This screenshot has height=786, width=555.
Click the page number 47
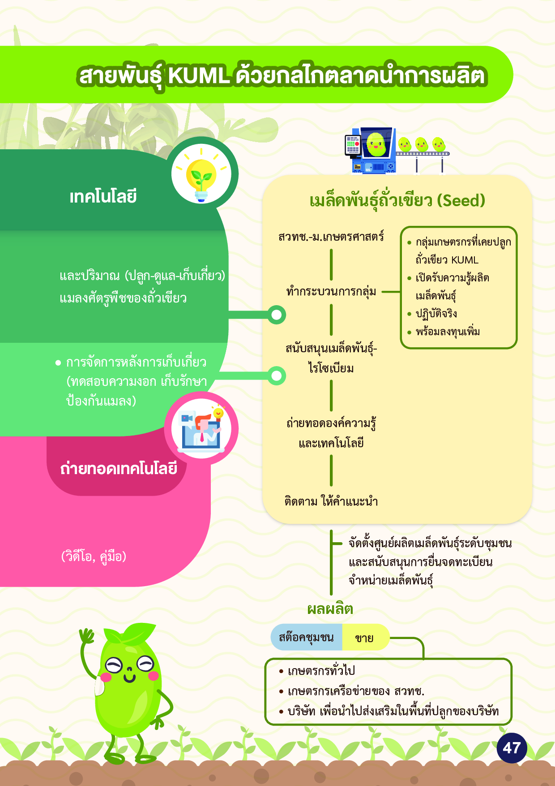(512, 748)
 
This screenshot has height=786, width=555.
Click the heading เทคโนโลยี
(103, 197)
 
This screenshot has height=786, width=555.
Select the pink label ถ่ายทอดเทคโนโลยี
(119, 469)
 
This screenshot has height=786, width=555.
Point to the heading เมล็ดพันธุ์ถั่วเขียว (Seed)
(397, 200)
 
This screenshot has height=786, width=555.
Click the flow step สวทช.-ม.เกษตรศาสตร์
(331, 236)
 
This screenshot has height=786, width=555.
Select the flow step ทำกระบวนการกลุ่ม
(331, 292)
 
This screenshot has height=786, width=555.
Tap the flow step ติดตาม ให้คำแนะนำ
(331, 501)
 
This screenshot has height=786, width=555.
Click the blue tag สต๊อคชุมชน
(306, 637)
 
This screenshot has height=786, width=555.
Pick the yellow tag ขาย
(364, 638)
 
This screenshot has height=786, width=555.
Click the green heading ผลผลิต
(330, 609)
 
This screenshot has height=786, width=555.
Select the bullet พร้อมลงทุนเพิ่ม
(448, 332)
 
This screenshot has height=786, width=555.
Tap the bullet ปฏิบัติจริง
(436, 314)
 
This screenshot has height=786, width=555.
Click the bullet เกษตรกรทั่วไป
(321, 671)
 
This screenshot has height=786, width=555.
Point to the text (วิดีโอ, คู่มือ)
(94, 557)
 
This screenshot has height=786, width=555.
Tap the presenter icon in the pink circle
(201, 428)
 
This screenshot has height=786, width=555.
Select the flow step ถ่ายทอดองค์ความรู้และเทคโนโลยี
(331, 433)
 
